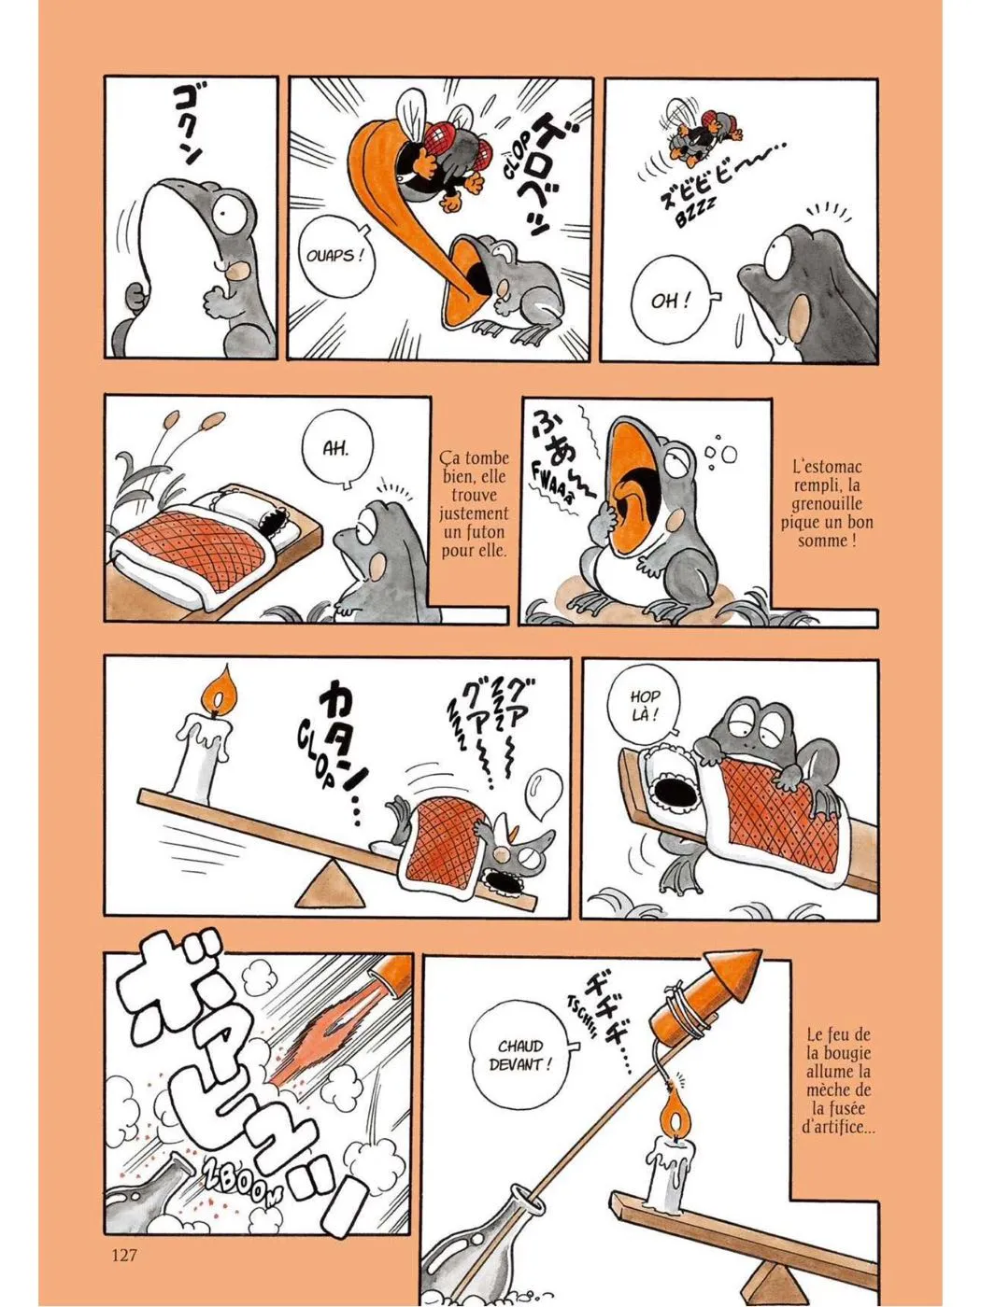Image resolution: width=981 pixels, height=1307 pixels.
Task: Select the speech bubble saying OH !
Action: pyautogui.click(x=673, y=301)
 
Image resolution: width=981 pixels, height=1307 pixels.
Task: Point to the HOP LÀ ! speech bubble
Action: pyautogui.click(x=645, y=707)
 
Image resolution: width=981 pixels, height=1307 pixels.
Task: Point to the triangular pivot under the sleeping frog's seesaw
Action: pyautogui.click(x=330, y=885)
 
